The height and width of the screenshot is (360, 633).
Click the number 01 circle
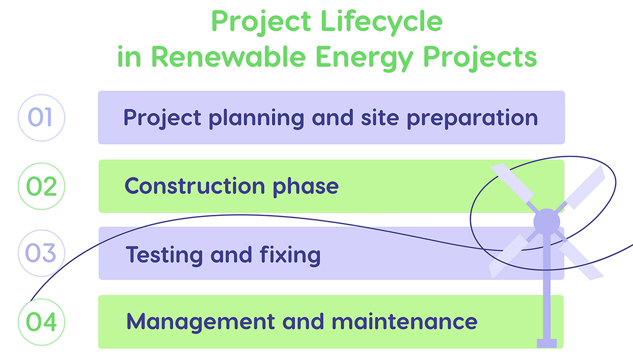pyautogui.click(x=41, y=118)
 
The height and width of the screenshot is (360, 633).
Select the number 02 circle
pyautogui.click(x=41, y=186)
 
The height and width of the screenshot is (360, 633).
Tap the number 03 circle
pyautogui.click(x=41, y=254)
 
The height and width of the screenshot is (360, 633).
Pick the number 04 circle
pyautogui.click(x=41, y=322)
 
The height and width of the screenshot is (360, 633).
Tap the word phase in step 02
pyautogui.click(x=304, y=186)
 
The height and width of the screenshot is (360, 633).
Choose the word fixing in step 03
pyautogui.click(x=291, y=255)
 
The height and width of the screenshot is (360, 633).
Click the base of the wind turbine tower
pyautogui.click(x=546, y=343)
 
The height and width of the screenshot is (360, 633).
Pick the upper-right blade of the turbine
pyautogui.click(x=586, y=186)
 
